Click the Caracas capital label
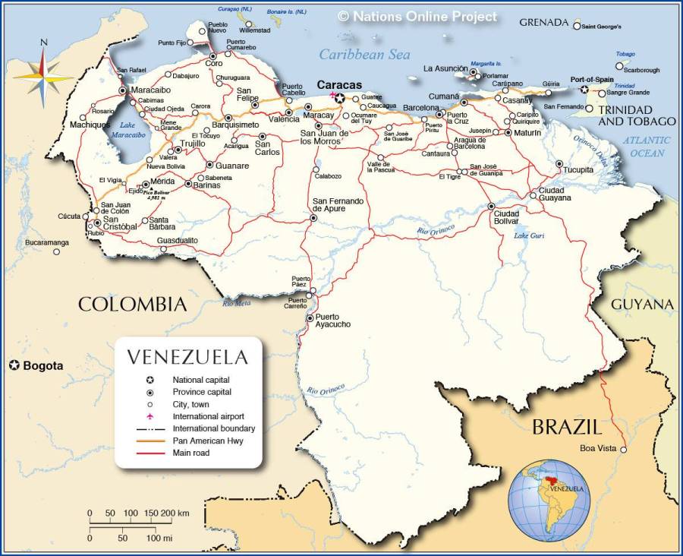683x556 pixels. pos(339,85)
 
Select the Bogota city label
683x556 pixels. pos(42,366)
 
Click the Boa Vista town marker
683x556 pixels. pos(624,450)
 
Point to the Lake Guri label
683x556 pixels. pos(530,235)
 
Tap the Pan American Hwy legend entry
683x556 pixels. pos(207,441)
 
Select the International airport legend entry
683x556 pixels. pos(207,416)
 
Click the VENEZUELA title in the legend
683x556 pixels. pos(187,357)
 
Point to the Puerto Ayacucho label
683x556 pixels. pos(333,321)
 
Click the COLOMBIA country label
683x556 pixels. pos(132,305)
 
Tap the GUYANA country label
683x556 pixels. pos(642,305)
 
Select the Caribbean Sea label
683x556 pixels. pos(364,54)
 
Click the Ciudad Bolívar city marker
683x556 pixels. pos(491,206)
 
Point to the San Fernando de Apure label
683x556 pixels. pos(338,205)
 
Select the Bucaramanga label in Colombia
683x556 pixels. pos(46,242)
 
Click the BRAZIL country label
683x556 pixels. pos(566,426)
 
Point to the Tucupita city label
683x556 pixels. pos(578,169)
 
